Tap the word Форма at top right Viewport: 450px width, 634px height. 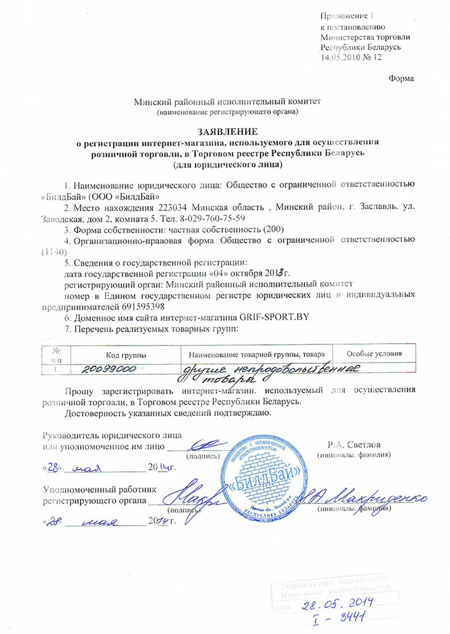point(400,79)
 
